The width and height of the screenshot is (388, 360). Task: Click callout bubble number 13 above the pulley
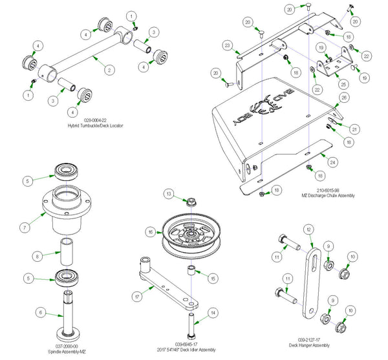click(168, 194)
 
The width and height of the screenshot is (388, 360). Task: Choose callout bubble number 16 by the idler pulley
click(150, 231)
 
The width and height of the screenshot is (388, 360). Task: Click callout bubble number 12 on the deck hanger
click(308, 230)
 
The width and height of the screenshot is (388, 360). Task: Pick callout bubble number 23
click(227, 45)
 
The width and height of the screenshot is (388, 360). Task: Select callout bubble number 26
click(344, 98)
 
